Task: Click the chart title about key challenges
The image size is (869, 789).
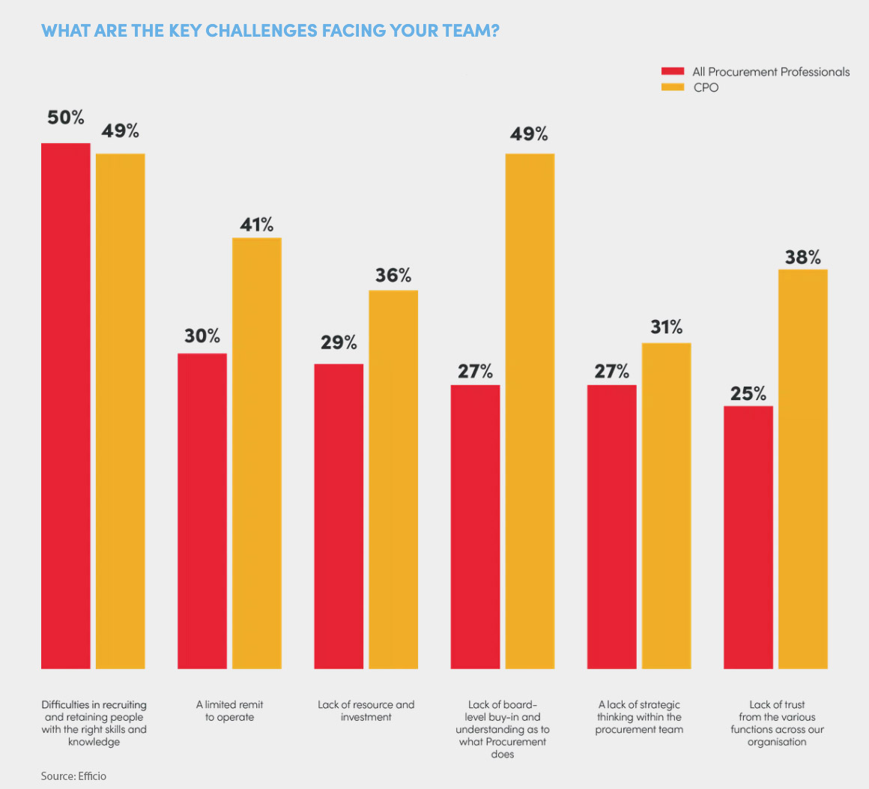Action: point(270,31)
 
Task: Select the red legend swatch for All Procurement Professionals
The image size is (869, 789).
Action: point(672,72)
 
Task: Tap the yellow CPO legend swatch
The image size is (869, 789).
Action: point(672,88)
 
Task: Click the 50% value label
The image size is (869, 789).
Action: point(66,118)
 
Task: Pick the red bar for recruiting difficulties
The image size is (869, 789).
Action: point(66,405)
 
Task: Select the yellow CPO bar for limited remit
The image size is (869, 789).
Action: point(257,453)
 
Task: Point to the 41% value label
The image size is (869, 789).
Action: point(257,224)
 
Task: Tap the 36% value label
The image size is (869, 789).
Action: point(393,276)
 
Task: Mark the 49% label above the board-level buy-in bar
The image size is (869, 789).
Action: point(530,134)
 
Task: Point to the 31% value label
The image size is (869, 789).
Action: point(666,327)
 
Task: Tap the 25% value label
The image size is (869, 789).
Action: point(748,393)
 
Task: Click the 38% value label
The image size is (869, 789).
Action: point(803,258)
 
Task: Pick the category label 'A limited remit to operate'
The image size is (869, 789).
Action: point(230,711)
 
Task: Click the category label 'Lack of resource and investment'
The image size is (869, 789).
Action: point(366,711)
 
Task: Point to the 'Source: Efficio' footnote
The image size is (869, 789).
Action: point(73,776)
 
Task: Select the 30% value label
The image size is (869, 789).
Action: point(202,336)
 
